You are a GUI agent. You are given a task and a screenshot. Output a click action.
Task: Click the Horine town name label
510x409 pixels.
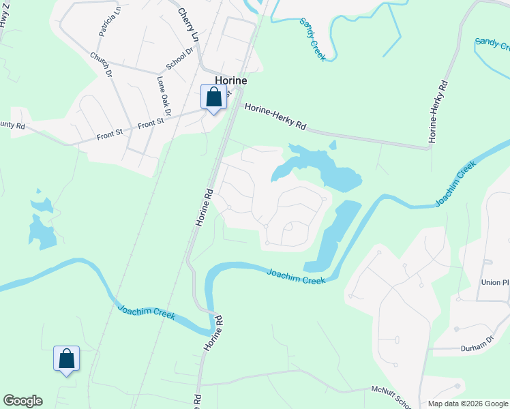pos(230,80)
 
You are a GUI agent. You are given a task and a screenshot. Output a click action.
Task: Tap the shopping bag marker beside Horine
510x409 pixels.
pos(213,97)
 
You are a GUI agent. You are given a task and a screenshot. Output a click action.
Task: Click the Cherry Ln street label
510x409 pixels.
pos(187,24)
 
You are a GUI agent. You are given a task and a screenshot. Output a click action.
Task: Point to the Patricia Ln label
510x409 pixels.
pos(110,21)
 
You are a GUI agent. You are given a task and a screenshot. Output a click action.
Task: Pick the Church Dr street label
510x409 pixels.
pos(100,63)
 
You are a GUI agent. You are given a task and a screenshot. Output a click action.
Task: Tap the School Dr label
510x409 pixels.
pos(181,59)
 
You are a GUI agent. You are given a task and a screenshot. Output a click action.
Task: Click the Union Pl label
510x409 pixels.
pos(495,282)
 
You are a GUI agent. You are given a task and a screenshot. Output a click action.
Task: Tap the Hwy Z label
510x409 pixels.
pos(5,14)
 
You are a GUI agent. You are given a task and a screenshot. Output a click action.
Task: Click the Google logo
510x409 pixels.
pos(22,401)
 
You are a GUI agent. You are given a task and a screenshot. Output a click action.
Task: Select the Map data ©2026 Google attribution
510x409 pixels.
pos(468,403)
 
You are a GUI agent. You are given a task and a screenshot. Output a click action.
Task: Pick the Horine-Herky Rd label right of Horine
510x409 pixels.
pos(275,116)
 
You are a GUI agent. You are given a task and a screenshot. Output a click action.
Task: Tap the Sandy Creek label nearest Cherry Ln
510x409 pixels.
pos(313,40)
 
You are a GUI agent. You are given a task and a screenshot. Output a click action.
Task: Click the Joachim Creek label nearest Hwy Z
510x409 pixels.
pos(147,312)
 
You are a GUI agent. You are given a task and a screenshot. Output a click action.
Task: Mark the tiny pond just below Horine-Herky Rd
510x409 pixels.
pos(333,145)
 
